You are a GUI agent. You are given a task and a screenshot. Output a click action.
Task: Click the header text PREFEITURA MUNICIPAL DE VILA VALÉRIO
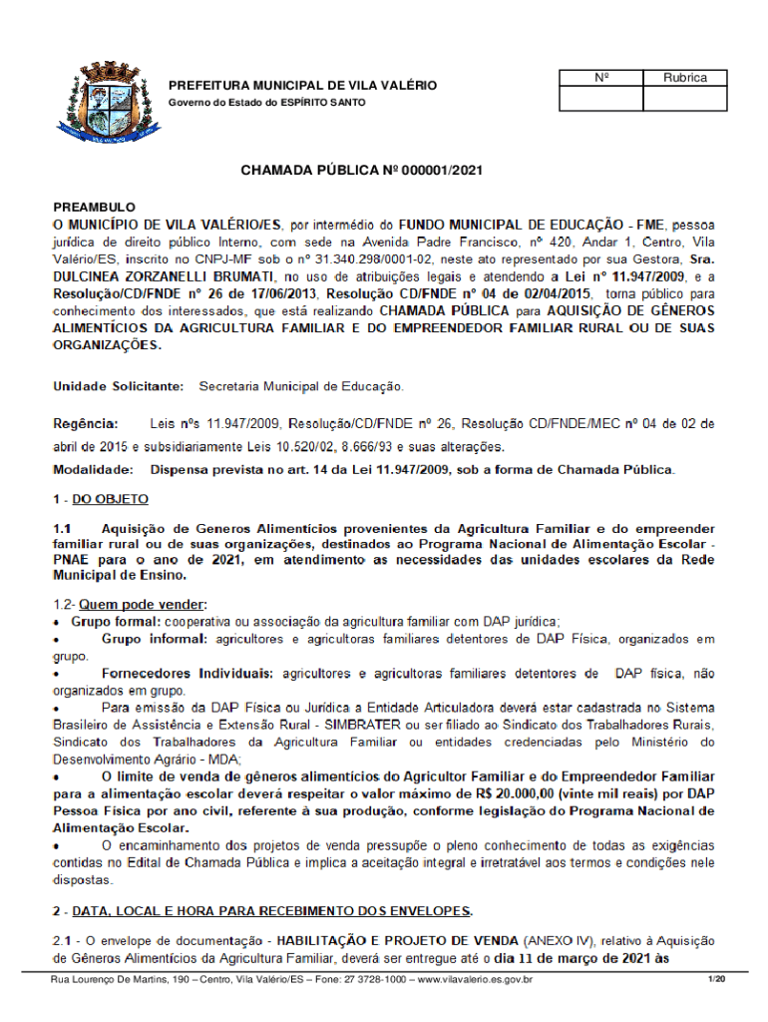click(x=301, y=86)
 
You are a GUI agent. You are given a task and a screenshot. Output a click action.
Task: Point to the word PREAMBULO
click(x=94, y=205)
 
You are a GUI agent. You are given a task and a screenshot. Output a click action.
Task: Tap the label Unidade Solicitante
click(x=118, y=384)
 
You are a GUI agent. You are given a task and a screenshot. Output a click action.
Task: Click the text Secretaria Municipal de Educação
click(x=301, y=384)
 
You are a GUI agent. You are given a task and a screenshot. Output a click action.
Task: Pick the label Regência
click(x=86, y=424)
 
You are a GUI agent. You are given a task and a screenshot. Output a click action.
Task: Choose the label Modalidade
click(x=93, y=468)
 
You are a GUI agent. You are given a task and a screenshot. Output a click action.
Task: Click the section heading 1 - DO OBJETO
click(x=101, y=498)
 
